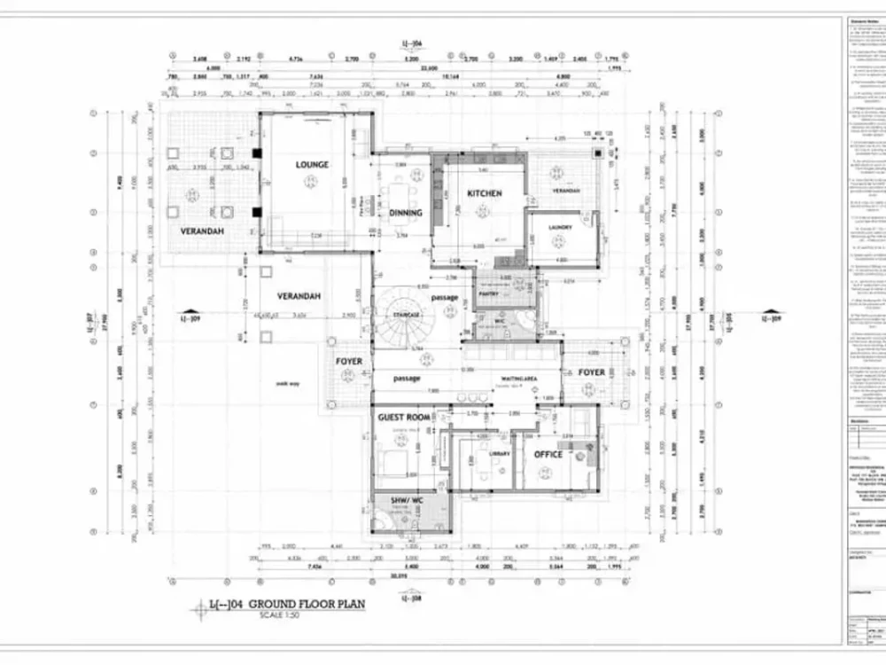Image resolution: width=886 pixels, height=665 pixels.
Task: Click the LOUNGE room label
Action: [x=312, y=165]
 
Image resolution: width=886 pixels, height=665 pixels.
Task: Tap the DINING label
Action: [x=406, y=213]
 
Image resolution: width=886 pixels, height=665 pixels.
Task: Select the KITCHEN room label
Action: [x=485, y=193]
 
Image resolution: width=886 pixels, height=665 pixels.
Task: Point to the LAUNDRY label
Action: [x=560, y=227]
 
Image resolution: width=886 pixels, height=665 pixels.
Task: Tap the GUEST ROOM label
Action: [x=404, y=417]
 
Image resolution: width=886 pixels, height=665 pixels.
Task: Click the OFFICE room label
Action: [x=548, y=454]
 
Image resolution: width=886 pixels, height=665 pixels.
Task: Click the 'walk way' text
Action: [x=287, y=384]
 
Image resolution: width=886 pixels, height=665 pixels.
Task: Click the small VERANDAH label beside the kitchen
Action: [x=566, y=191]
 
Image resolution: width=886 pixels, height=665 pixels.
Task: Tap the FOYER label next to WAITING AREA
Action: [x=592, y=372]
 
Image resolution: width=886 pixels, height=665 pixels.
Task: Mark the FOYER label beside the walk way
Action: [x=348, y=362]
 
